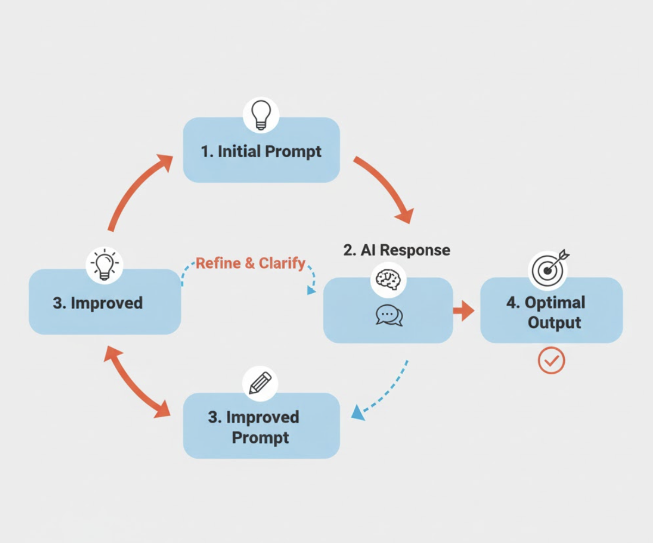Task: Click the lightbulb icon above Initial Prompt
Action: pyautogui.click(x=261, y=115)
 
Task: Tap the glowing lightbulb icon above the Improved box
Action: pyautogui.click(x=105, y=265)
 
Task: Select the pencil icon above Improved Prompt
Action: pyautogui.click(x=260, y=383)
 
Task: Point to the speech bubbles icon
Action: pyautogui.click(x=389, y=316)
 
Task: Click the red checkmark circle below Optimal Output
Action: pyautogui.click(x=551, y=360)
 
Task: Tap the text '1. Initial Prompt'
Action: pyautogui.click(x=261, y=151)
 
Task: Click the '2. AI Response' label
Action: pyautogui.click(x=397, y=250)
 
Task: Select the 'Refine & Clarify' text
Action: pyautogui.click(x=250, y=263)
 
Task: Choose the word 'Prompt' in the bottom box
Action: pyautogui.click(x=261, y=437)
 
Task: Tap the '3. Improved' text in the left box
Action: pyautogui.click(x=98, y=303)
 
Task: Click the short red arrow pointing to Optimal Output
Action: pyautogui.click(x=463, y=311)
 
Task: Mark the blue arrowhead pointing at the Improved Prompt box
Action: pyautogui.click(x=358, y=413)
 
